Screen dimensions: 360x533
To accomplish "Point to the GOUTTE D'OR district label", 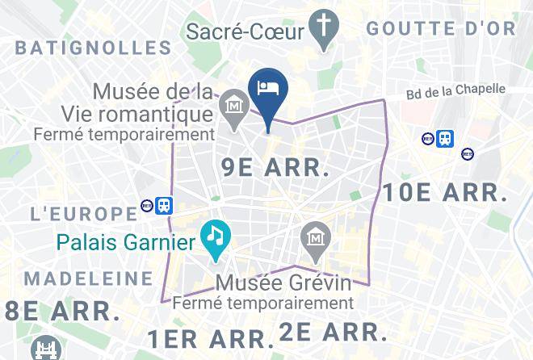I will click(440, 28).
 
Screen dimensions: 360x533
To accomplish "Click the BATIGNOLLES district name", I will click(94, 48).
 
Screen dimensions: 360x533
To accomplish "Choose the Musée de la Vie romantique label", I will click(153, 102).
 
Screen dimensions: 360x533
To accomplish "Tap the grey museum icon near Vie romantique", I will click(234, 106).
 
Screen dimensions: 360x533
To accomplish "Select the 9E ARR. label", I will click(275, 168).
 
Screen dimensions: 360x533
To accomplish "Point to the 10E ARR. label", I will click(445, 193).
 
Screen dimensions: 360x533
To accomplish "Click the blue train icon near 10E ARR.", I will click(445, 139).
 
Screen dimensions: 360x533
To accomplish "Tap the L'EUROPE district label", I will click(83, 214).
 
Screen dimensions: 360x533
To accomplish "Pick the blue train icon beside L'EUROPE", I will click(164, 205).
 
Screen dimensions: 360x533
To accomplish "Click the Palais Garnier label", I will click(125, 242).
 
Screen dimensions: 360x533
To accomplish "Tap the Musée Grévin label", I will click(285, 284).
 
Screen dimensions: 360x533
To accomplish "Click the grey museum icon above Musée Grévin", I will click(313, 239).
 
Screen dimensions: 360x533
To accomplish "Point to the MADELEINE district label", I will click(89, 279).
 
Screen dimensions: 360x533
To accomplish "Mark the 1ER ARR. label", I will click(206, 337).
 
